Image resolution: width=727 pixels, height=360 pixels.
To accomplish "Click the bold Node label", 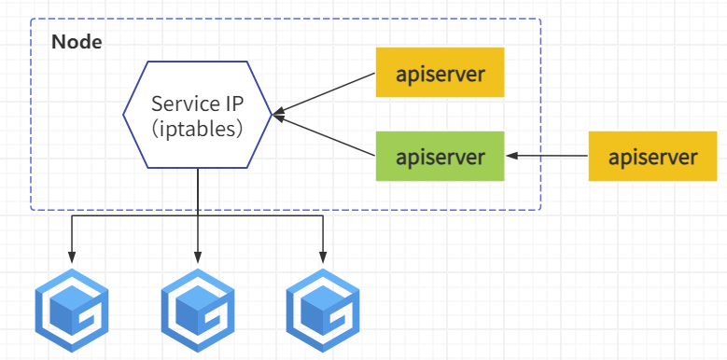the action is (77, 42).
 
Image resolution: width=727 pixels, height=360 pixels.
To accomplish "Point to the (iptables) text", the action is (197, 130).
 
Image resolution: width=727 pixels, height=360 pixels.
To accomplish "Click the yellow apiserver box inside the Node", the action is (440, 72).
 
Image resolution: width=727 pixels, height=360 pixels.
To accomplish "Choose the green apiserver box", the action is (440, 156).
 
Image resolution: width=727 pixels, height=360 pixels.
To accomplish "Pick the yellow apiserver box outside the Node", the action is (652, 156).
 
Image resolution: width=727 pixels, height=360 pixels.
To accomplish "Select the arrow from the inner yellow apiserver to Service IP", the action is (324, 93).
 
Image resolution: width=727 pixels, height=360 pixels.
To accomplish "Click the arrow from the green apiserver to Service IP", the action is (324, 135).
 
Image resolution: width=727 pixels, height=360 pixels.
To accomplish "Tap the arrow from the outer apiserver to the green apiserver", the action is (547, 156).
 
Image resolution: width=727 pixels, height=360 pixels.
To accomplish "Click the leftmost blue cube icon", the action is (72, 310).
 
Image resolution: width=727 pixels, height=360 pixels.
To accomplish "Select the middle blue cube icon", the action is (198, 310).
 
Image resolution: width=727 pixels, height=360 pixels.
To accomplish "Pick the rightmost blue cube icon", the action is (323, 310).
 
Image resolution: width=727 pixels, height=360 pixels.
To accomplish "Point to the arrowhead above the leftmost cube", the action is (72, 257).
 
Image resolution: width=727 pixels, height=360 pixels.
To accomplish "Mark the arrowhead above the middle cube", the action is (198, 257).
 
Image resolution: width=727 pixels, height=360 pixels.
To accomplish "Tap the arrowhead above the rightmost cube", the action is (323, 257).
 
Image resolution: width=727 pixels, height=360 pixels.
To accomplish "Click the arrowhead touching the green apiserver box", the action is (511, 156).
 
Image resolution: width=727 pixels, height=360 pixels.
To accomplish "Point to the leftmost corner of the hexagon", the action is (123, 115).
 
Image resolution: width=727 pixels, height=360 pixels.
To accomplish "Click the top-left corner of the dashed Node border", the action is (32, 19).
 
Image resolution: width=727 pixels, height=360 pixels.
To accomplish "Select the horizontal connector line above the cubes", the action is (197, 216).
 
